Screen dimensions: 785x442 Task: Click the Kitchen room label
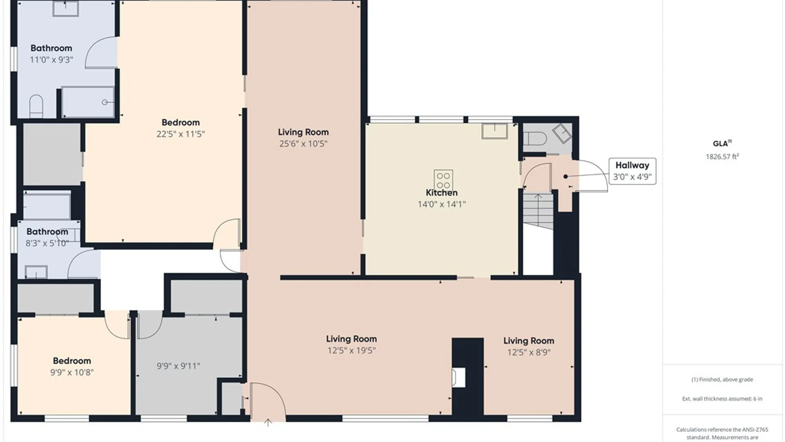coord(442,192)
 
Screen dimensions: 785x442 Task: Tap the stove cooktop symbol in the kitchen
coord(443,180)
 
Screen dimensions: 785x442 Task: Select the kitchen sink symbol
coord(495,131)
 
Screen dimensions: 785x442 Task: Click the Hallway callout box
coord(632,171)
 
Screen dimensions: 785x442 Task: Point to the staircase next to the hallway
coord(538,211)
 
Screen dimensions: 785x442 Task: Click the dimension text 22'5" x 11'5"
coord(181,134)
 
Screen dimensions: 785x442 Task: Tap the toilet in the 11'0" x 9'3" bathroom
coord(36,106)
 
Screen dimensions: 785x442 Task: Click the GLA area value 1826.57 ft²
coord(722,156)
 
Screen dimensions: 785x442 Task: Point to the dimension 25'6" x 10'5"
coord(303,144)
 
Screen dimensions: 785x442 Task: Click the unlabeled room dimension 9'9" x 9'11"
coord(179,366)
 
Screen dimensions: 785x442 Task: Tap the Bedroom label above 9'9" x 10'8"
coord(72,361)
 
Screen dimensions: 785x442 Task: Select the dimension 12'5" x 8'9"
coord(529,352)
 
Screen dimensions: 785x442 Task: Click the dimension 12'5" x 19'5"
coord(352,350)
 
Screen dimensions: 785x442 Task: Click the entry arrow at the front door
coord(268,422)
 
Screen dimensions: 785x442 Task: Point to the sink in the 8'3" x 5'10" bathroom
coord(36,272)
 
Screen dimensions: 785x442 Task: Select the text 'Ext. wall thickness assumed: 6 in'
coord(722,399)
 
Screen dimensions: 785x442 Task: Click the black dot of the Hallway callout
coord(565,176)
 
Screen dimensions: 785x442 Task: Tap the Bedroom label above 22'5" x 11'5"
coord(181,122)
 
